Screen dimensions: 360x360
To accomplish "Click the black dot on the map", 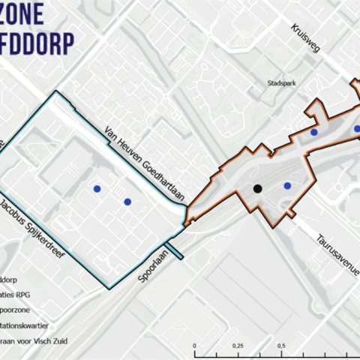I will (x=257, y=189).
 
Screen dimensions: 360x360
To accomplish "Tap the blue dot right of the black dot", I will (x=286, y=186).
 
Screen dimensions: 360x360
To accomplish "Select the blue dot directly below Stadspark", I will (x=314, y=132).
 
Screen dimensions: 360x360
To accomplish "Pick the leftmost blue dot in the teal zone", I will (x=96, y=189).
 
